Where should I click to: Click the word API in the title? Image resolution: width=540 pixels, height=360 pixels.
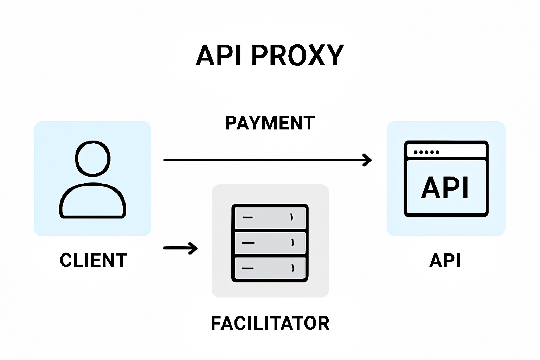[218, 56]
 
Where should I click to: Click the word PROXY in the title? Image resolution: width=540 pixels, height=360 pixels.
[297, 56]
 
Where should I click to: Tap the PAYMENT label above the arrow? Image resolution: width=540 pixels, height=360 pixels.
[270, 123]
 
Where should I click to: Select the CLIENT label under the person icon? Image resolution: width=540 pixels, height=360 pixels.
[93, 261]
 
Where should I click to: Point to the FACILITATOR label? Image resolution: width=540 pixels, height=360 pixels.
[270, 323]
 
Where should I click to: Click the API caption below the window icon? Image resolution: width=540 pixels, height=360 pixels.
[445, 261]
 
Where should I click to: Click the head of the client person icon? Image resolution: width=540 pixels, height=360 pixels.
[93, 158]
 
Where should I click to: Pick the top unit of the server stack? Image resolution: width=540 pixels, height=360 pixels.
[270, 217]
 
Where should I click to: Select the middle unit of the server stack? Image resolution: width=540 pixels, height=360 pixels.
[270, 243]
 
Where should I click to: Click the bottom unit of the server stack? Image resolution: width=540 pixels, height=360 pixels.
[270, 269]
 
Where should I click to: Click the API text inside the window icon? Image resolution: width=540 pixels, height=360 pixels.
[445, 188]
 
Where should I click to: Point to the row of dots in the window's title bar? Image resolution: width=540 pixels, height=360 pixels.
[426, 152]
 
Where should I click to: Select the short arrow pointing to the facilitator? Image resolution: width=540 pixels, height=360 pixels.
[180, 248]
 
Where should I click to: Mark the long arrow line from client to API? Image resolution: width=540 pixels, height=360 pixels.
[264, 160]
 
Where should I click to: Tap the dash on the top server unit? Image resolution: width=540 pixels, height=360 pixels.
[248, 217]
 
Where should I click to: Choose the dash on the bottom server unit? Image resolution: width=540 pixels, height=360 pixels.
[248, 268]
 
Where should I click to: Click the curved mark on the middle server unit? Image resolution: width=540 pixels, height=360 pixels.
[292, 242]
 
